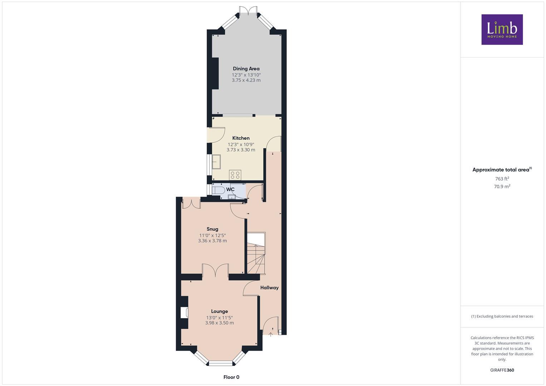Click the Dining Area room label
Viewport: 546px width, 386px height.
click(246, 69)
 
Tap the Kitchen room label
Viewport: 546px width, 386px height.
click(241, 138)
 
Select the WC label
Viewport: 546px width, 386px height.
click(230, 189)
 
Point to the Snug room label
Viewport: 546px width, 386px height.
click(212, 229)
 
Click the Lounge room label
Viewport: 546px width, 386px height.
click(219, 311)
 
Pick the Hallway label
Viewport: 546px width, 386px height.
click(269, 287)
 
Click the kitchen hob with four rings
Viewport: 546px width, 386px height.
click(235, 175)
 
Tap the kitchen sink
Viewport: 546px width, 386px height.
click(217, 162)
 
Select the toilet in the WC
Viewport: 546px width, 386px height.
click(218, 189)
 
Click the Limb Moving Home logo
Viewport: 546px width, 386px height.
click(502, 29)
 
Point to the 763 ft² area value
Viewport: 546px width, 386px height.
click(502, 179)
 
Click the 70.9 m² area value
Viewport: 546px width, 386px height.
click(502, 186)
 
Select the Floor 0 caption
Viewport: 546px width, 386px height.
click(231, 377)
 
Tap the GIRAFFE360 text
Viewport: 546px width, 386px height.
click(502, 370)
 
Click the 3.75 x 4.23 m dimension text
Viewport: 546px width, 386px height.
click(246, 80)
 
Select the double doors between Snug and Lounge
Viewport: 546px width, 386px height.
click(215, 271)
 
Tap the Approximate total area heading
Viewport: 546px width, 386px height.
click(501, 170)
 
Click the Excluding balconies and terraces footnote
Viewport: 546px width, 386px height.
click(502, 316)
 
